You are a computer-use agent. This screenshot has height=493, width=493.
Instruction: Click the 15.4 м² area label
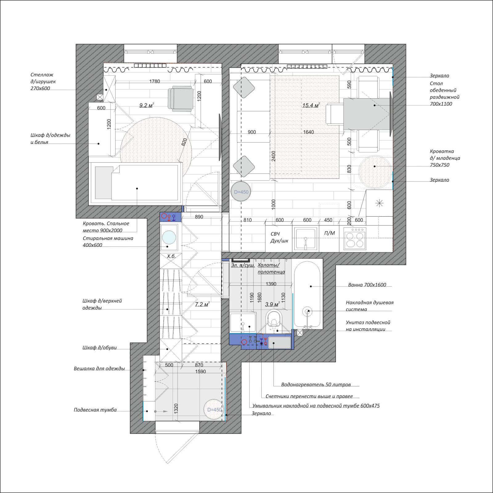point(311,105)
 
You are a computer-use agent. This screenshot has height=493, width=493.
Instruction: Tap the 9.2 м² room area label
point(147,105)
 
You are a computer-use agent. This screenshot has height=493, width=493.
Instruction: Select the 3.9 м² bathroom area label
point(273,304)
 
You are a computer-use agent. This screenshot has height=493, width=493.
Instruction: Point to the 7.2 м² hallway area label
point(202,304)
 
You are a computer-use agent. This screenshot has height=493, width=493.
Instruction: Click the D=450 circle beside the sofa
point(241,192)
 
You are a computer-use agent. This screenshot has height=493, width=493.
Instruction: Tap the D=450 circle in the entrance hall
point(214,409)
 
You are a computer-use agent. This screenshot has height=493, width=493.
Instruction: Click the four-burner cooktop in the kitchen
point(355,239)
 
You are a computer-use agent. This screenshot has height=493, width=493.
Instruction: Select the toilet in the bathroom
point(274,320)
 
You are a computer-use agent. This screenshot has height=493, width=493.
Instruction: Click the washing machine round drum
point(169,238)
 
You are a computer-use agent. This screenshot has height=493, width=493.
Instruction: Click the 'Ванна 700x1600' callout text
point(367,285)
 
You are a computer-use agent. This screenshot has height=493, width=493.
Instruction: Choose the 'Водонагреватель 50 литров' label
point(316,385)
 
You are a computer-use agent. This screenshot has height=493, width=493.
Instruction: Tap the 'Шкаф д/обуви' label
point(100,348)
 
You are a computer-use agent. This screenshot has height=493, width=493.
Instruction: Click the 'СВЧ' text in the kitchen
point(275,234)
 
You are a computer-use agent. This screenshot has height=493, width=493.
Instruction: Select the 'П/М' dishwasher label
point(329,233)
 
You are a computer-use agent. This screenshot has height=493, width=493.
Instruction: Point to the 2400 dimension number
point(274,156)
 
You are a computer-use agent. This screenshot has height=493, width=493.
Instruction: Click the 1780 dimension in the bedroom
point(155,81)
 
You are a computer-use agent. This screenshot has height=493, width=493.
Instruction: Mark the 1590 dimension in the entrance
point(200,372)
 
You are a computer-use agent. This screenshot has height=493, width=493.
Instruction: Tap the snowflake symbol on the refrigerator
point(379,203)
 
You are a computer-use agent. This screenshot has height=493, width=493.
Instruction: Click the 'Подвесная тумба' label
point(95,410)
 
